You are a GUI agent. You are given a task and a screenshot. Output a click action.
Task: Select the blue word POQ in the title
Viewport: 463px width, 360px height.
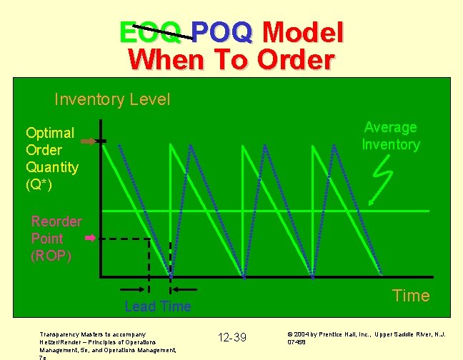(x=222, y=32)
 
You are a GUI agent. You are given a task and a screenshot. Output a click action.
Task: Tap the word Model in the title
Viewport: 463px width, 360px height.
(x=303, y=32)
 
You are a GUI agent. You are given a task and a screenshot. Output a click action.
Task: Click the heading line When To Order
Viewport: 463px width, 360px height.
(x=231, y=60)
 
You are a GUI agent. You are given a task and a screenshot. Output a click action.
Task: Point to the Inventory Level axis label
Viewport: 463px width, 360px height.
(x=112, y=99)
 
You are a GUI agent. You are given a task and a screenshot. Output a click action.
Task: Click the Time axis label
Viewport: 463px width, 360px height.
(x=412, y=296)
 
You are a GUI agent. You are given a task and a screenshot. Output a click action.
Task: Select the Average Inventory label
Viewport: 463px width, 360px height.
(x=390, y=136)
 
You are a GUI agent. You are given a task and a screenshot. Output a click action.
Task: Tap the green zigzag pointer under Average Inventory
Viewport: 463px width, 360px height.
(x=384, y=176)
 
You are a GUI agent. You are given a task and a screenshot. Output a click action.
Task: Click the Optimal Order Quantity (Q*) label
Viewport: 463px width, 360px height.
(x=51, y=159)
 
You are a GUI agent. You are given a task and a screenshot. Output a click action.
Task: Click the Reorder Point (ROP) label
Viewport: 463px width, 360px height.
(x=56, y=238)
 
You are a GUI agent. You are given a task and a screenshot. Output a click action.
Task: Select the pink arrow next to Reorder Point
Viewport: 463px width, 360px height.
(x=90, y=237)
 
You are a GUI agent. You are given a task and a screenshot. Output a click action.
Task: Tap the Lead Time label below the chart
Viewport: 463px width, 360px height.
(x=158, y=306)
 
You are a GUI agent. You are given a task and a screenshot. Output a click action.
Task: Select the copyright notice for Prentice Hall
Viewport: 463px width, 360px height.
(x=366, y=337)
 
